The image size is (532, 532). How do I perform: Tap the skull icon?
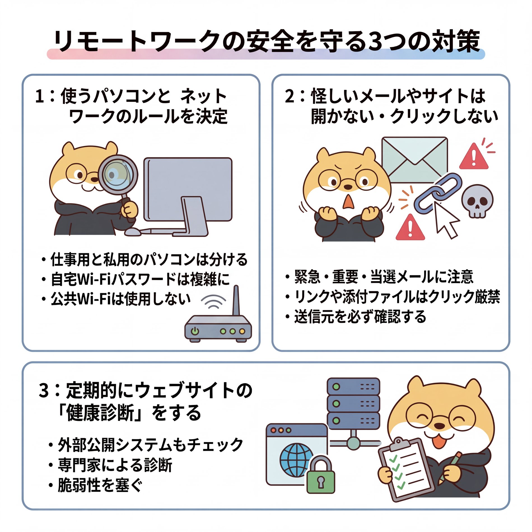pyautogui.click(x=477, y=200)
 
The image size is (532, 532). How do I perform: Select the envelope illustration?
pyautogui.click(x=414, y=160)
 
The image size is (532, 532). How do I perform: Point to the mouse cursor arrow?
pyautogui.click(x=445, y=220)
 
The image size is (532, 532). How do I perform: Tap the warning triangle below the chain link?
pyautogui.click(x=410, y=228)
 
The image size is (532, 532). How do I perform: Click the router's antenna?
pyautogui.click(x=236, y=301)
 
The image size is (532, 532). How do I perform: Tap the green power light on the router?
pyautogui.click(x=195, y=331)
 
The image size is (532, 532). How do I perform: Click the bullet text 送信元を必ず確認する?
pyautogui.click(x=360, y=317)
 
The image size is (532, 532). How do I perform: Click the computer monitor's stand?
pyautogui.click(x=193, y=216)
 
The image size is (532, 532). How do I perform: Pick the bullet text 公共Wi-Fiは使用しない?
pyautogui.click(x=120, y=299)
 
